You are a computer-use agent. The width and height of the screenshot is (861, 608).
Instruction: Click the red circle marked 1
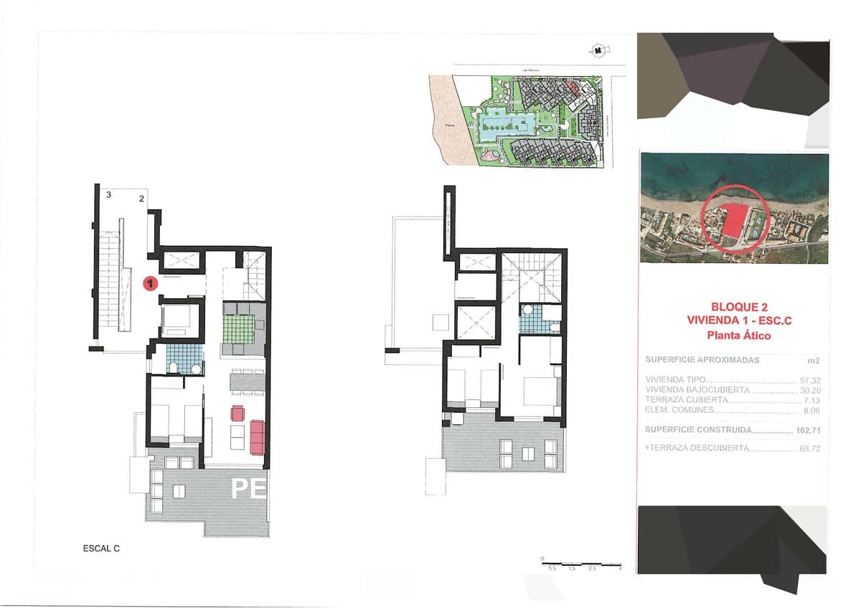pyautogui.click(x=151, y=284)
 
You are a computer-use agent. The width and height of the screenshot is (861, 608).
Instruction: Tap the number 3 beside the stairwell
pyautogui.click(x=108, y=194)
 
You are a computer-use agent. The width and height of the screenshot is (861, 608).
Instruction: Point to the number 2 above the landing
pyautogui.click(x=142, y=199)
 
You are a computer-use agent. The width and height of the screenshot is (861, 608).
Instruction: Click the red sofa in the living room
pyautogui.click(x=258, y=437)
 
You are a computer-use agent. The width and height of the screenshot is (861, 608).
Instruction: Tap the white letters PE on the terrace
pyautogui.click(x=248, y=488)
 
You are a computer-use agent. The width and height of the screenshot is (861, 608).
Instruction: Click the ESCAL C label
pyautogui.click(x=101, y=548)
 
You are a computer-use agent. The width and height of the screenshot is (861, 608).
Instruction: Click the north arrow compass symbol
pyautogui.click(x=597, y=50)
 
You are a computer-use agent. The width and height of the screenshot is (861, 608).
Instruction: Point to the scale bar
pyautogui.click(x=581, y=564)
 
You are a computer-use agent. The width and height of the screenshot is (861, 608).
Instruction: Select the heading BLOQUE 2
pyautogui.click(x=733, y=305)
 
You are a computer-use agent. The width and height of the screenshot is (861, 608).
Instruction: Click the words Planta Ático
pyautogui.click(x=733, y=335)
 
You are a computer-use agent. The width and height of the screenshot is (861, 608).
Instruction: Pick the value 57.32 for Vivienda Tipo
pyautogui.click(x=809, y=380)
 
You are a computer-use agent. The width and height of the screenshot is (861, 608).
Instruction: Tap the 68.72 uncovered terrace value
pyautogui.click(x=809, y=448)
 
